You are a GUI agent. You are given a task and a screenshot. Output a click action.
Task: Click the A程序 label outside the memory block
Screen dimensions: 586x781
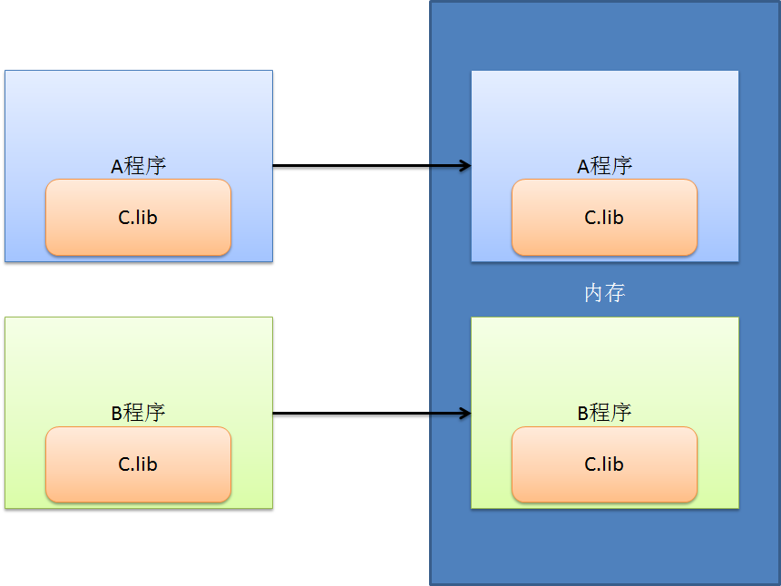pos(138,166)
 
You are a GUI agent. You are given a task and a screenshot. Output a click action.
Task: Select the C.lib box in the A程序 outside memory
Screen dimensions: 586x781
pos(138,218)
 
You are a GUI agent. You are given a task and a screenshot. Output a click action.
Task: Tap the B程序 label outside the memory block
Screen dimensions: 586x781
pos(138,413)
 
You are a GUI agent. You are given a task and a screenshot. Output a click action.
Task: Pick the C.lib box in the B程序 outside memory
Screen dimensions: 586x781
pos(138,464)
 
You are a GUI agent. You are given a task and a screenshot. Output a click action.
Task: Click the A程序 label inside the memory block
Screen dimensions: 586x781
pos(604,166)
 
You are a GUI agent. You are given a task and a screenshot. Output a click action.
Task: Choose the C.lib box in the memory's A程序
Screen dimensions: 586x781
pos(604,218)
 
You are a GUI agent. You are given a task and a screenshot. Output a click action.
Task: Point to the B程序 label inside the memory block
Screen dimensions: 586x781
pos(604,413)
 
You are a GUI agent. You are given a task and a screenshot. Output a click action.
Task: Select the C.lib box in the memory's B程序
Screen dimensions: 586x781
pos(604,464)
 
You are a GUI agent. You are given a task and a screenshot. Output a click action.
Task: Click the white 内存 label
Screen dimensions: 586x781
pos(604,293)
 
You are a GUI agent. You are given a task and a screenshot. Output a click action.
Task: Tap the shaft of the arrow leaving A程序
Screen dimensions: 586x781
pos(363,166)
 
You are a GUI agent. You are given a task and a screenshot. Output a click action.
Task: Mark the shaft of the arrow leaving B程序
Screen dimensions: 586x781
pos(363,414)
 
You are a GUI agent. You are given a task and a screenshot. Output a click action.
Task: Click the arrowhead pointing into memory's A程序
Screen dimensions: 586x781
pos(465,166)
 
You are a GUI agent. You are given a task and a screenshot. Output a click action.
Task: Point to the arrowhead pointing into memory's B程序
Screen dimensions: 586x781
pos(465,414)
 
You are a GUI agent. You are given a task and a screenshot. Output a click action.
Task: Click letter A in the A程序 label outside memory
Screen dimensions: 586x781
pos(116,167)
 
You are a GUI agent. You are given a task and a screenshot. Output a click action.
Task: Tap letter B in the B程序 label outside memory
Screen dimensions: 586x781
pos(116,414)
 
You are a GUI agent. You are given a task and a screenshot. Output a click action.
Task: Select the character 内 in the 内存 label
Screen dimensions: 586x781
pos(593,293)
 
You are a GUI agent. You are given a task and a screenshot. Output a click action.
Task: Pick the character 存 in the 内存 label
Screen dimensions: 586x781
pos(615,293)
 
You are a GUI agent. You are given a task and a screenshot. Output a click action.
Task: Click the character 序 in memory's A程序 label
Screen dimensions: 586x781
pos(621,166)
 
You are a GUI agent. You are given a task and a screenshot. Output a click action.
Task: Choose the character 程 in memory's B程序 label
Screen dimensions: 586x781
pos(600,413)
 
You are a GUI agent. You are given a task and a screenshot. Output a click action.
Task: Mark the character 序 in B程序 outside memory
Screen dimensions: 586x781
pos(155,413)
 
